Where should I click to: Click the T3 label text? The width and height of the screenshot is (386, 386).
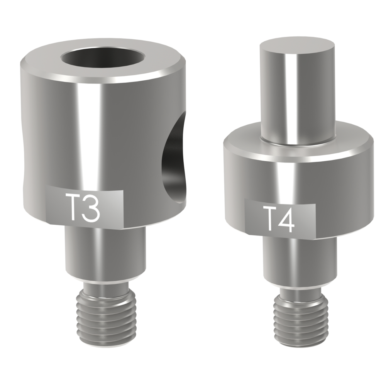click(x=82, y=207)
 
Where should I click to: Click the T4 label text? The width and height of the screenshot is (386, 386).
click(x=279, y=219)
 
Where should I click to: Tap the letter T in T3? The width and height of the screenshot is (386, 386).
click(x=72, y=207)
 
